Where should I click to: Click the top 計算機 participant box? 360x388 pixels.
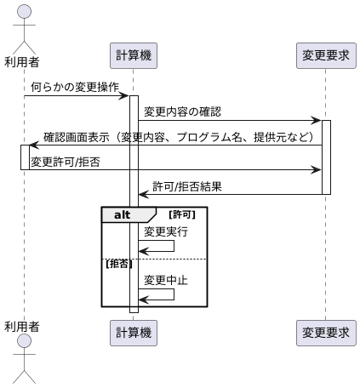pos(134,55)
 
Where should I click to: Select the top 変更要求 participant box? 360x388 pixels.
pos(326,55)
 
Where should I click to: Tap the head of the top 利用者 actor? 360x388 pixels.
pos(25,11)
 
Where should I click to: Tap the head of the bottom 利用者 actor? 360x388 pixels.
pos(25,341)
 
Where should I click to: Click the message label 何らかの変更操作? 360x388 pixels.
pos(75,87)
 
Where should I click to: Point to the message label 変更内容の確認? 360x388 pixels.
pos(182,111)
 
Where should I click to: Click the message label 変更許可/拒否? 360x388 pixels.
pos(66,161)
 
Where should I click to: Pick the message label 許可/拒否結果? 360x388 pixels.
pos(187,186)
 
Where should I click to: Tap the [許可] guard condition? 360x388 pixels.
pos(183,215)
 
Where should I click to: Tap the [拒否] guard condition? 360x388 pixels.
pos(118,264)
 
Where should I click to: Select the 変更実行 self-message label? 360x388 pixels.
pos(166,231)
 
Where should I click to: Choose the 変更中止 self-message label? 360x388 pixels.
pos(166,280)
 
